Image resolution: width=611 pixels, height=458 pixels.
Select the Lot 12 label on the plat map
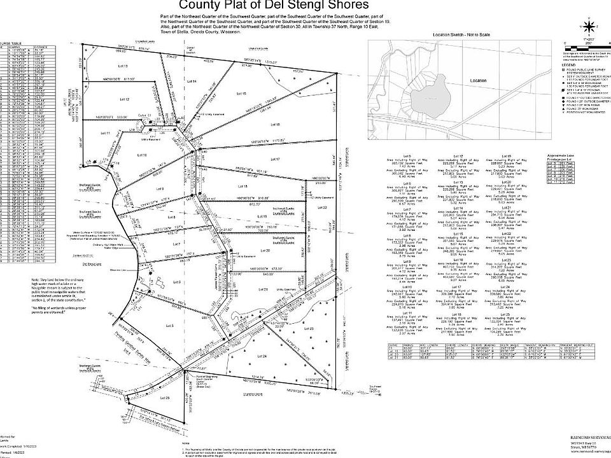pos(125,100)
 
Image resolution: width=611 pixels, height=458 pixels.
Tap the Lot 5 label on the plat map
pos(169,326)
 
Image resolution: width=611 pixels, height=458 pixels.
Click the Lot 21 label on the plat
pos(262,289)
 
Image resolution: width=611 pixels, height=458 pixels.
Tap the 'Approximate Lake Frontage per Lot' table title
pos(560,157)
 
